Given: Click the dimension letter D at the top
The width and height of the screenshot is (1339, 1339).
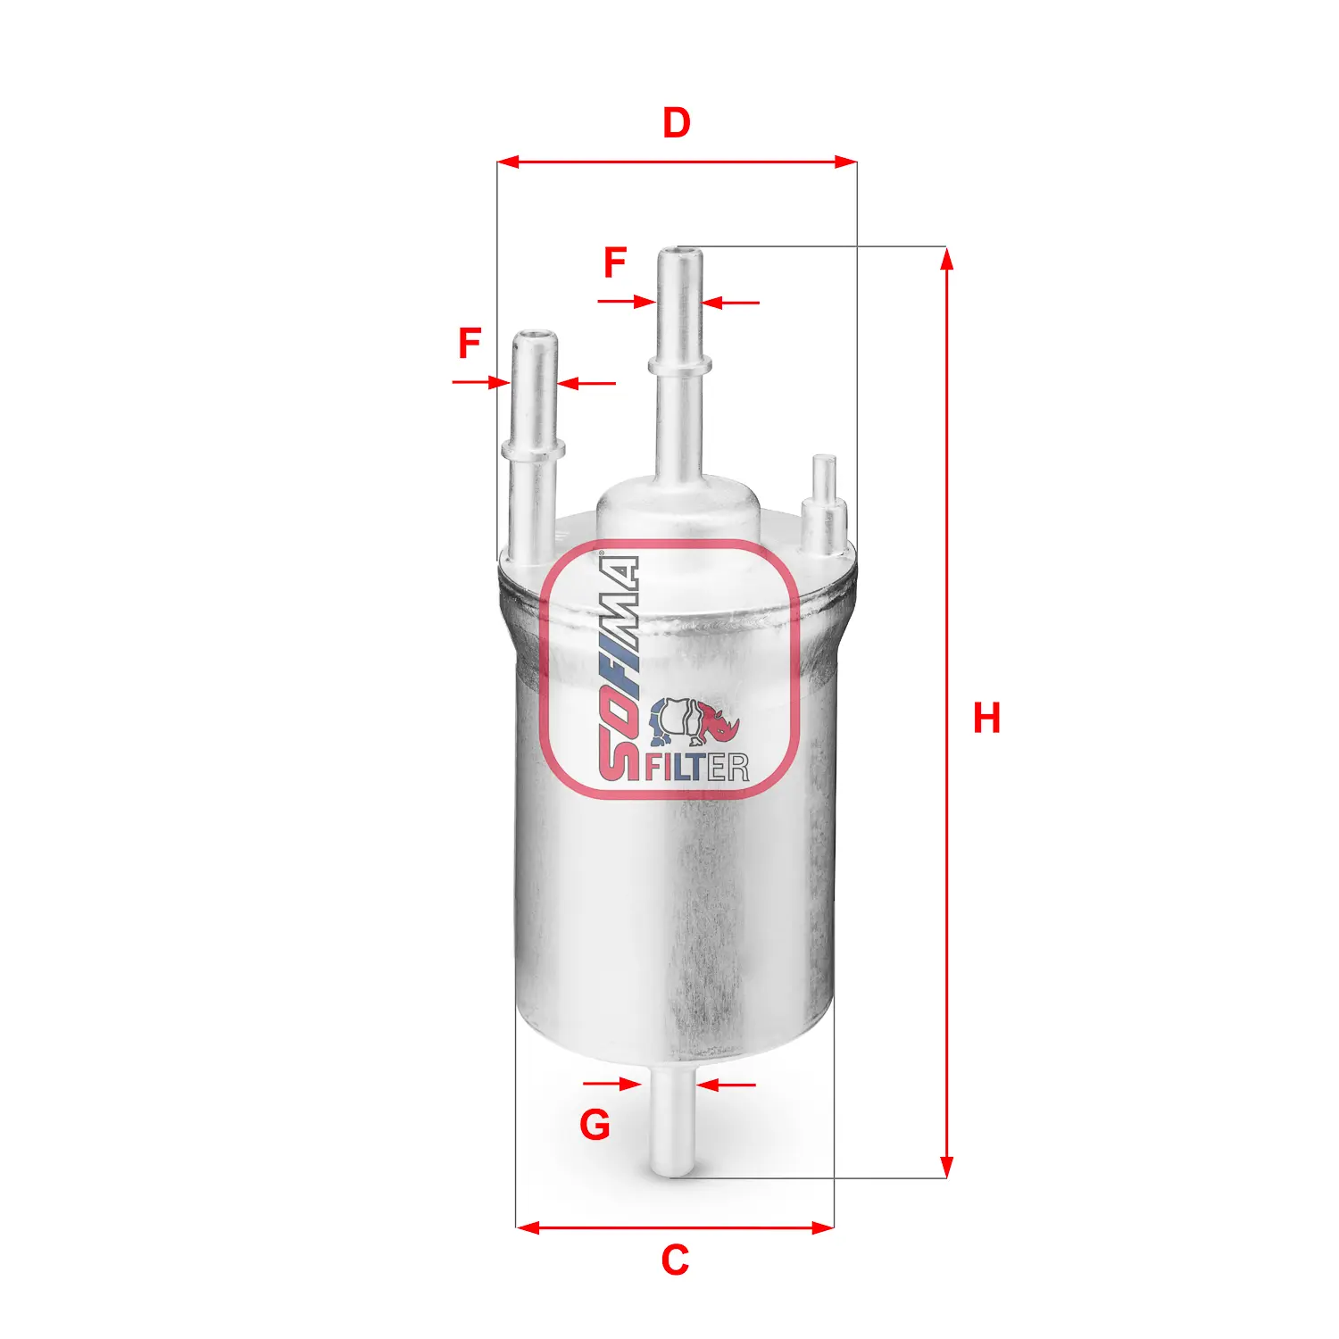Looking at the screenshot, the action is click(x=676, y=122).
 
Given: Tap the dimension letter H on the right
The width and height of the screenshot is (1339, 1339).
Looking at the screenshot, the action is click(x=986, y=719).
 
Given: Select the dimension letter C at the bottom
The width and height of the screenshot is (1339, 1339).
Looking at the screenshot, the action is click(x=675, y=1260).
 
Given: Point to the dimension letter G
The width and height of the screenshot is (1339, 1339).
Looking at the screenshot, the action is click(x=595, y=1125).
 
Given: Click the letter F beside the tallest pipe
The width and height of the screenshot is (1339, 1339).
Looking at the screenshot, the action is click(x=615, y=262).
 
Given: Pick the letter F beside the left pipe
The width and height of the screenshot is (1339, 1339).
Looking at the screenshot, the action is click(x=470, y=344).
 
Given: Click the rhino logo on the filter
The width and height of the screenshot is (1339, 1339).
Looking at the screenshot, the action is click(x=694, y=721).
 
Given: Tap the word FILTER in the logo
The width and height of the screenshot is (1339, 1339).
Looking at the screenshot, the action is click(x=696, y=767).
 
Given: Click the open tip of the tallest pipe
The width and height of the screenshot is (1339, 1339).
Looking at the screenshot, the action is click(x=680, y=253).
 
